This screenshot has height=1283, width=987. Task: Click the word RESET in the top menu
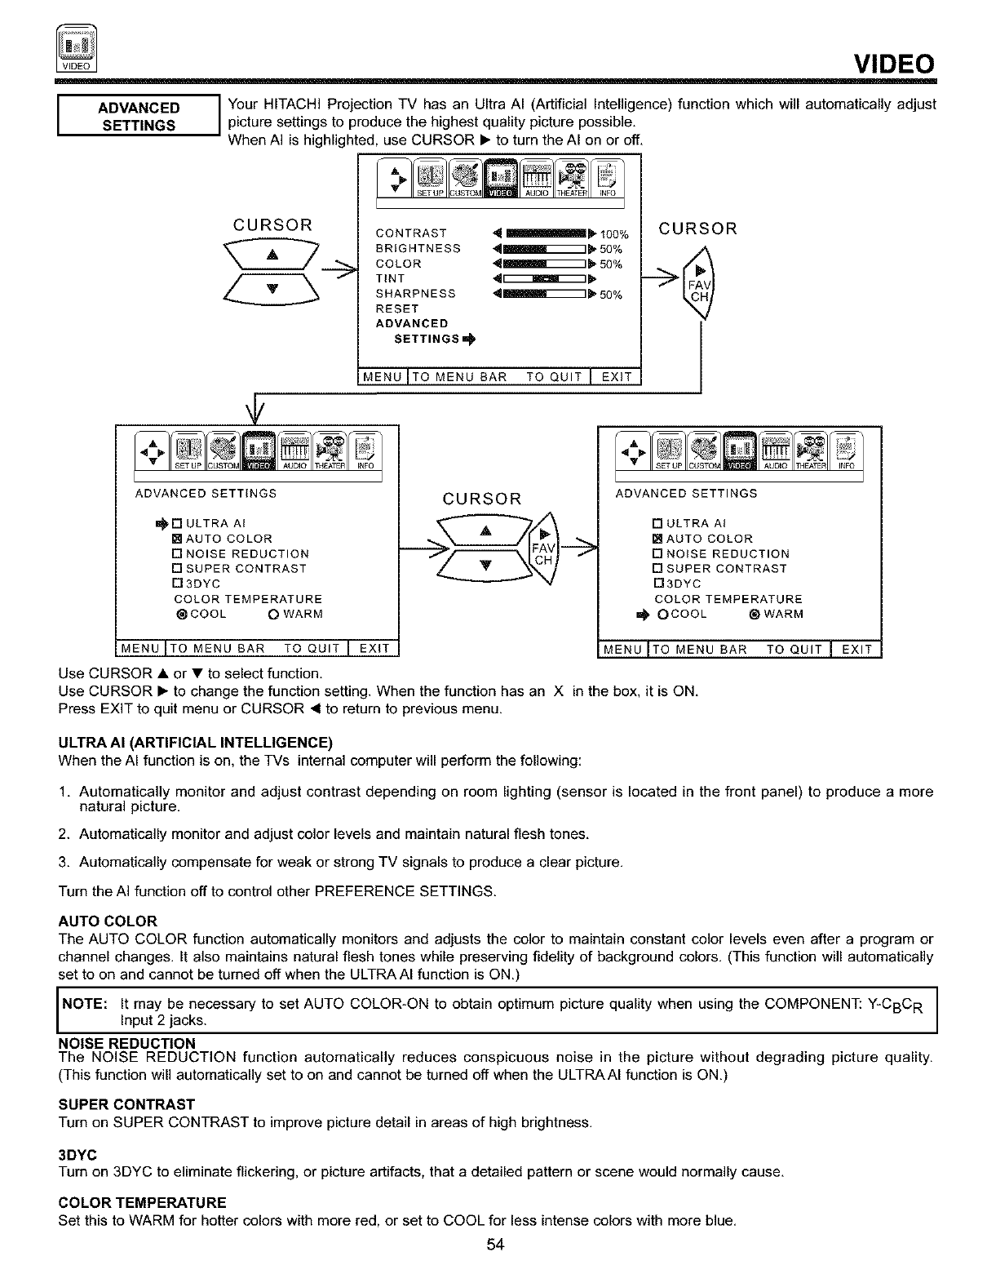(x=396, y=309)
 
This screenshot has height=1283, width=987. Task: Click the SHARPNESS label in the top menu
(x=415, y=294)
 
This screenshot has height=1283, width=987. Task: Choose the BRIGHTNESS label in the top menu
(x=418, y=249)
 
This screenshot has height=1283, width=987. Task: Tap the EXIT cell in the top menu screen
(x=617, y=376)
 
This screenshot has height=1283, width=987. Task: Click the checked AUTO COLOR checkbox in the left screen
(x=176, y=539)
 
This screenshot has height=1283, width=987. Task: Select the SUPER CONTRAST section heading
(x=126, y=1105)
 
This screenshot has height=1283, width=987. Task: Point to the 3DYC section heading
(x=78, y=1156)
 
